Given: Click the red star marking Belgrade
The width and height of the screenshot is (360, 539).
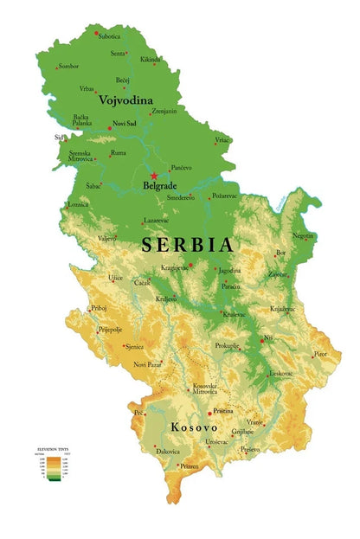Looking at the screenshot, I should coord(154,176).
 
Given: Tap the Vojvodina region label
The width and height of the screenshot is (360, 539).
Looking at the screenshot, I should coord(125,100).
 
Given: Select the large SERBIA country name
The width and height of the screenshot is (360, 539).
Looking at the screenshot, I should coord(187,244).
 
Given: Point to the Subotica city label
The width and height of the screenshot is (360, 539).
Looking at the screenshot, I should coord(109,36).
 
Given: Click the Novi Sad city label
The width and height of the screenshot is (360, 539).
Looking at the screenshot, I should coord(125,125).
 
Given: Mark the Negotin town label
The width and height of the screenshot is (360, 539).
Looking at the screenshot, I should coord(303,235).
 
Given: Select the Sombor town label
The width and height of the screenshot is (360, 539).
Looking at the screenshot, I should coord(68,67).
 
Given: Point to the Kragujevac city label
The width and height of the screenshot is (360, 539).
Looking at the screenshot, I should coord(174,268).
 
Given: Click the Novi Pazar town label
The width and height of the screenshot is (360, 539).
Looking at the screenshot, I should coord(148,365).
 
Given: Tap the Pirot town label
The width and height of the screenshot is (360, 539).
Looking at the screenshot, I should coord(321,354).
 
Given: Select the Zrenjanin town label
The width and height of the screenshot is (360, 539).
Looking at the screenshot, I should coord(164,111).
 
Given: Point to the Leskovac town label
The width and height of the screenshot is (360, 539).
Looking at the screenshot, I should coord(281,373).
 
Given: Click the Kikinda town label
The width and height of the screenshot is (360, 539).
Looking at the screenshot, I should coord(151,60).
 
